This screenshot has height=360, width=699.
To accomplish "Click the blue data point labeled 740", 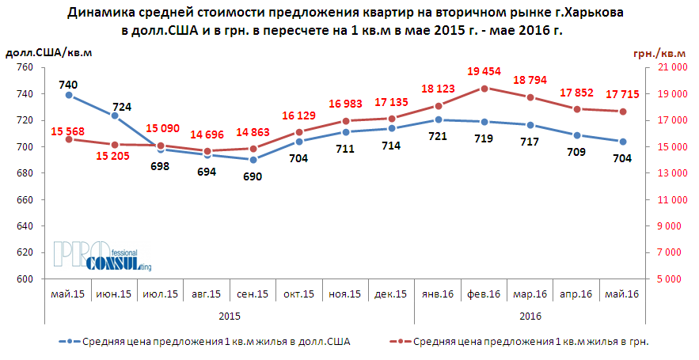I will click(69, 95).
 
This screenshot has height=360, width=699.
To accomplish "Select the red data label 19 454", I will click(485, 72).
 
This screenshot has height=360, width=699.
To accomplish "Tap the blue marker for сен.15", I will click(253, 160).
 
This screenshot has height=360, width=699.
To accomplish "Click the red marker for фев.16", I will click(484, 88).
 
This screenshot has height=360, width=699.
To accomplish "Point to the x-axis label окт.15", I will click(298, 294).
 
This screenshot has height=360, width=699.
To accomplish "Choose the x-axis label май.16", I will click(621, 294).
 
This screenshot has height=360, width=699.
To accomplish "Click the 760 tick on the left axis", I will click(24, 68).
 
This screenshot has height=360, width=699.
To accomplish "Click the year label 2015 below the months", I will click(230, 316).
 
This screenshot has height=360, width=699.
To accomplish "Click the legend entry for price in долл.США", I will click(205, 342).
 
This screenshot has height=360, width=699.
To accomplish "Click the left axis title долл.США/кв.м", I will click(49, 52).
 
